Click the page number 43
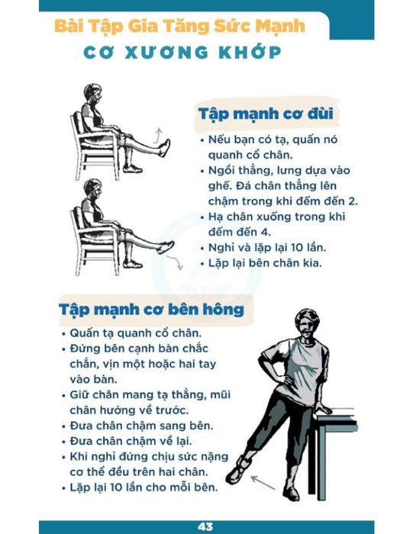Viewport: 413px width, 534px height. [205, 526]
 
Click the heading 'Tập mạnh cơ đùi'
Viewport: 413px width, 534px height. [266, 114]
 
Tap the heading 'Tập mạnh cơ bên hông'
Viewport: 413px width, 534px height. [152, 310]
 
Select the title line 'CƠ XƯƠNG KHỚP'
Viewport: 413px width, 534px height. [182, 53]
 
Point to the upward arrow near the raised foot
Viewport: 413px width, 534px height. [156, 136]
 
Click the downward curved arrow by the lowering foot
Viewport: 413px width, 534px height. [175, 262]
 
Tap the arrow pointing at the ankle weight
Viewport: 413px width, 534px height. [263, 483]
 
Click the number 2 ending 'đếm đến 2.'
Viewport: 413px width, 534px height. [352, 201]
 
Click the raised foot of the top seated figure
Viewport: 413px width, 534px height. [165, 148]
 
